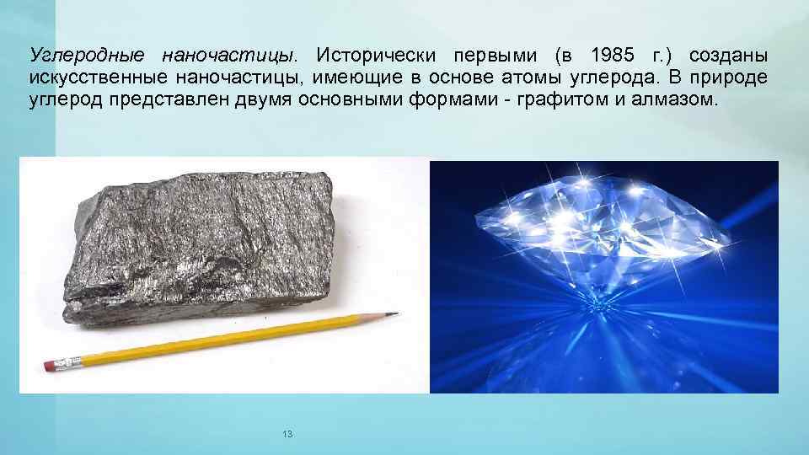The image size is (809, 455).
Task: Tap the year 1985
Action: pos(612,56)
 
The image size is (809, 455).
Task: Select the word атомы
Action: pos(516,78)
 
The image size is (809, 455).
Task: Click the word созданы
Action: pos(728,56)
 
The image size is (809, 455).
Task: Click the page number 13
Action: pos(287,434)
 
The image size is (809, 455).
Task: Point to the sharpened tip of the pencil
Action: pos(393,314)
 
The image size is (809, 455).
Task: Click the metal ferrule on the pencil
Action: pos(69,363)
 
